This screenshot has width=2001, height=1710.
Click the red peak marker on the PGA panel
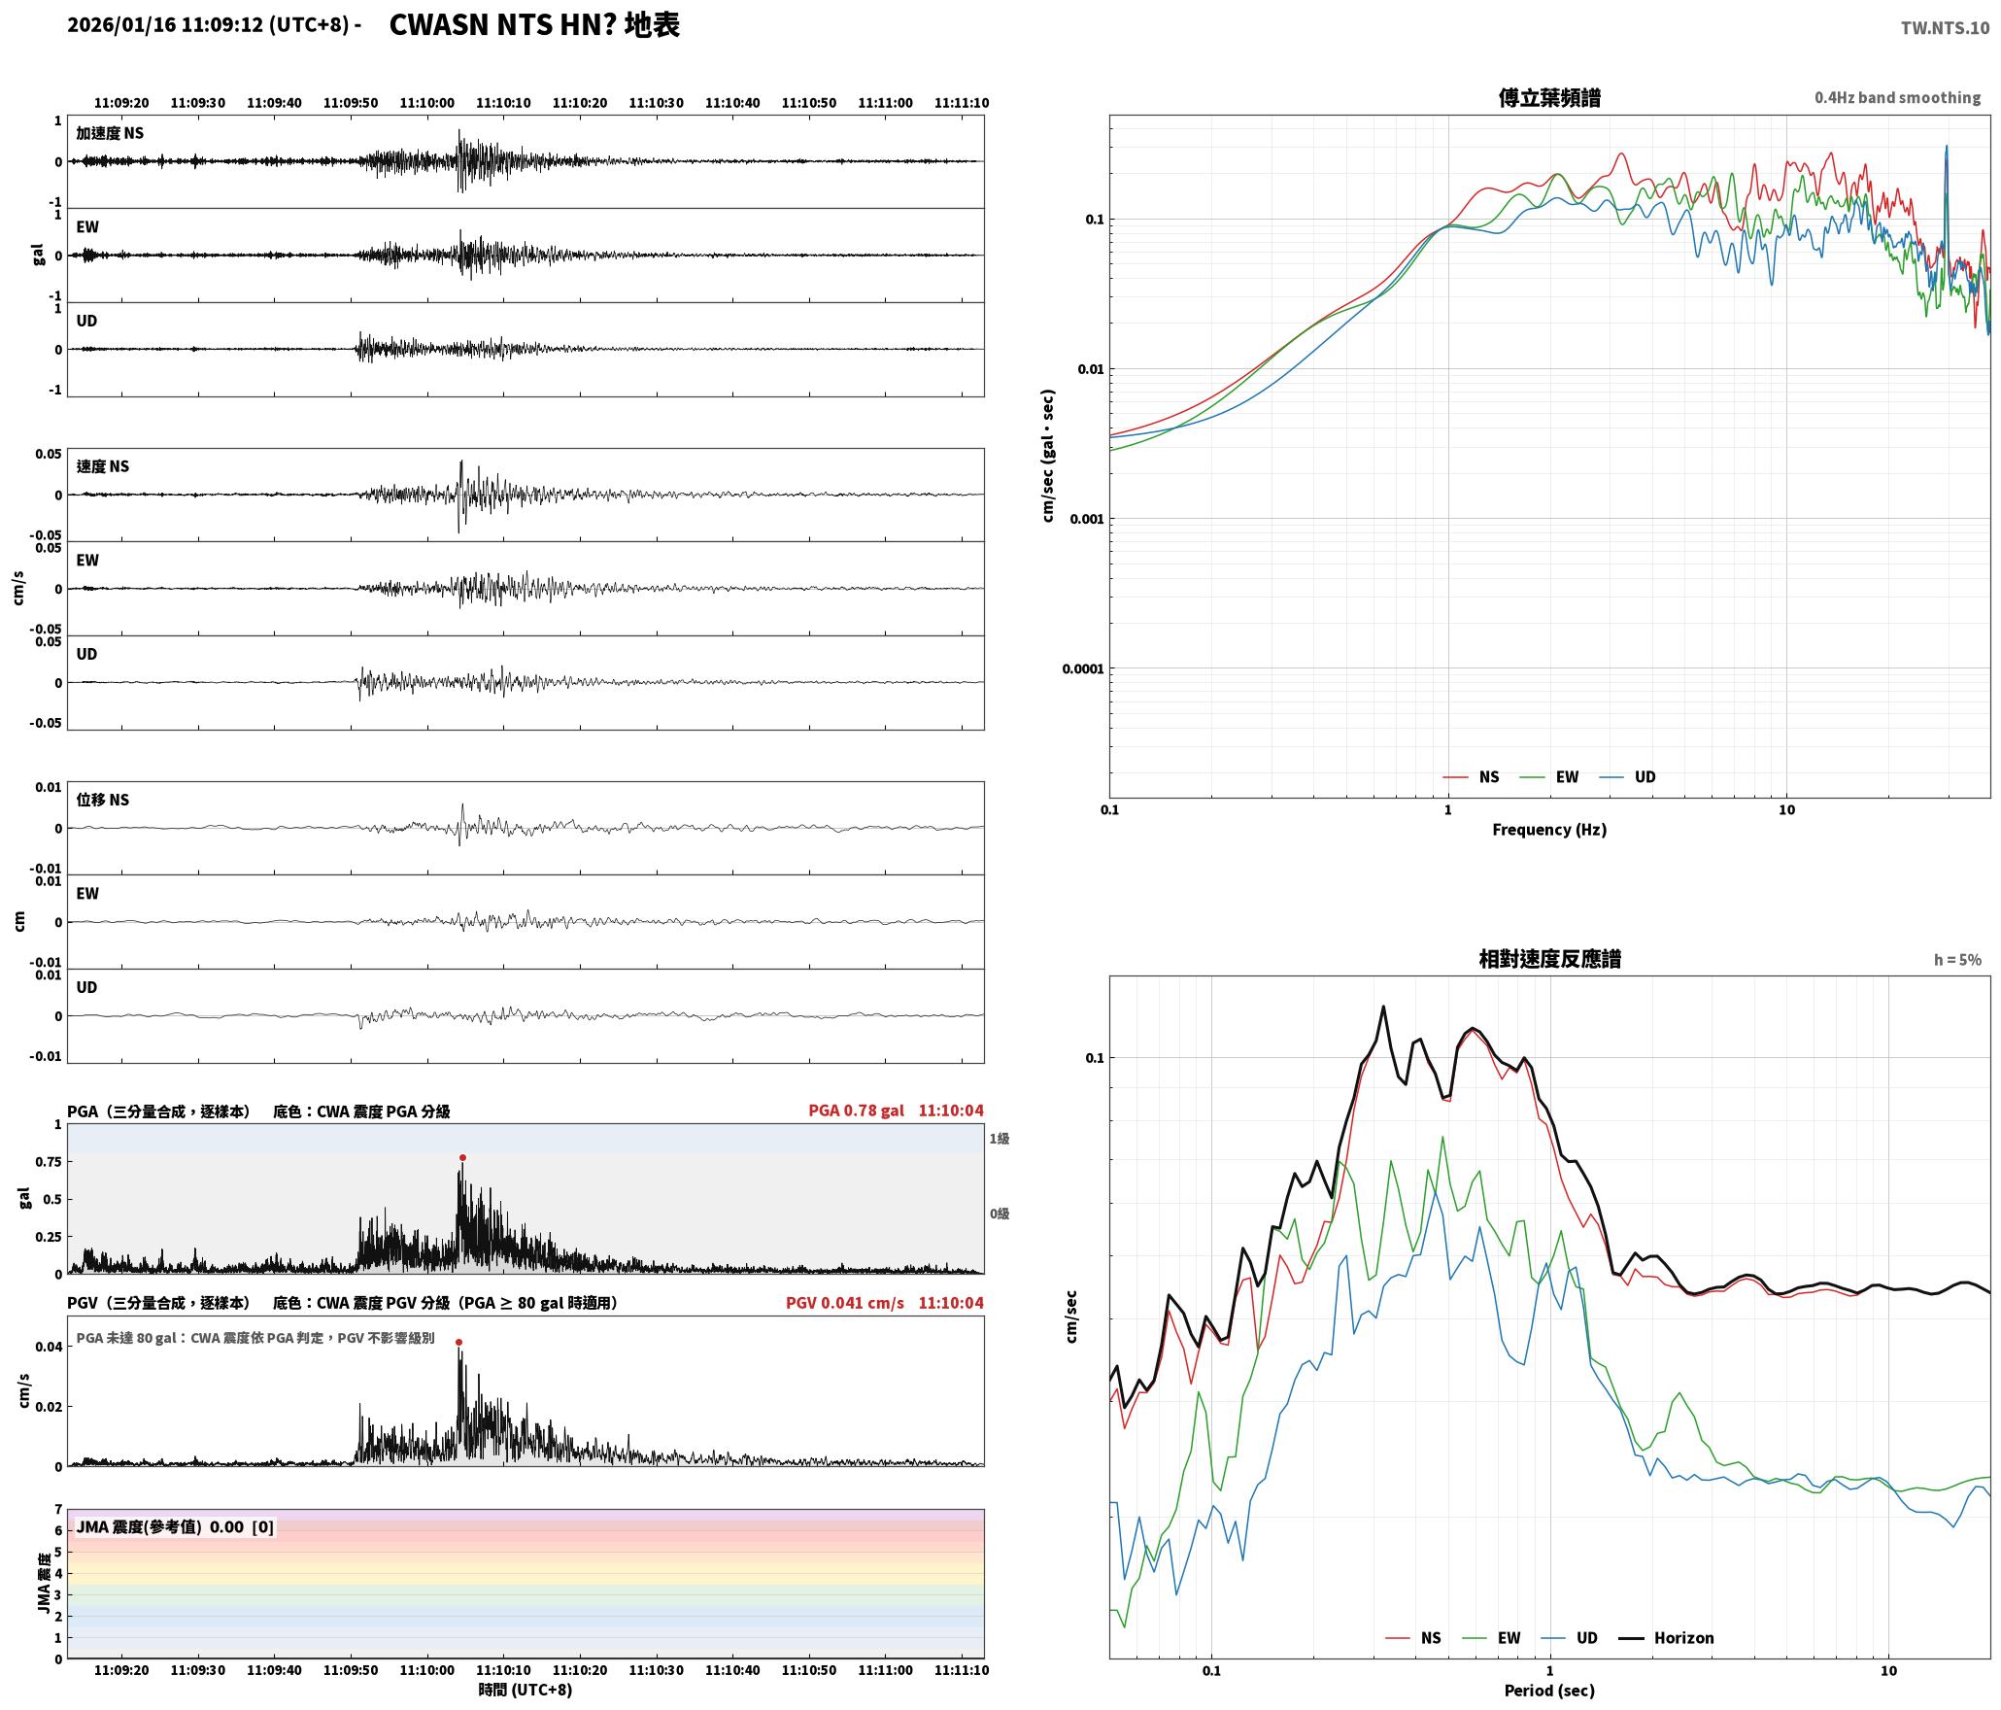click(462, 1157)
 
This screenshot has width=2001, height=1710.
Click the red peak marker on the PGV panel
click(458, 1342)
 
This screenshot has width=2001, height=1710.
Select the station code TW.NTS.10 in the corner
click(1945, 28)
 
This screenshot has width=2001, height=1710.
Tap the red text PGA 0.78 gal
click(856, 1111)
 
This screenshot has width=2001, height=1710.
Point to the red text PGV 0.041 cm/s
click(844, 1303)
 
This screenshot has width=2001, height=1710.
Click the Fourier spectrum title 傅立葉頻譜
click(1549, 97)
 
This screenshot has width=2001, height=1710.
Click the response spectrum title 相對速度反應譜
click(1549, 959)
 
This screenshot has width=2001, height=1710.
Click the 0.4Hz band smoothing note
click(1897, 97)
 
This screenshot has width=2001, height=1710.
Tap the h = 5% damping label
click(1957, 960)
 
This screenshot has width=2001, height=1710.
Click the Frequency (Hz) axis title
click(1549, 830)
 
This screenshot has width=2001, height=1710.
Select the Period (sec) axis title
click(1549, 1691)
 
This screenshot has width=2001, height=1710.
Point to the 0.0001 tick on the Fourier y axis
click(1083, 668)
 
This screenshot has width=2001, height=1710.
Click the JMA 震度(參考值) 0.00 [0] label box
click(175, 1527)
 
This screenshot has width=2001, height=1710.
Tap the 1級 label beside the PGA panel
click(1000, 1139)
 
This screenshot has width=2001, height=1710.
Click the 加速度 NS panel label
click(110, 133)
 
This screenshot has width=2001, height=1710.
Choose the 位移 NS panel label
click(103, 800)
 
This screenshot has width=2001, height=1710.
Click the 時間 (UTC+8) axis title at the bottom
click(526, 1690)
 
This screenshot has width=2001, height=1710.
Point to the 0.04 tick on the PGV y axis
click(50, 1347)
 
